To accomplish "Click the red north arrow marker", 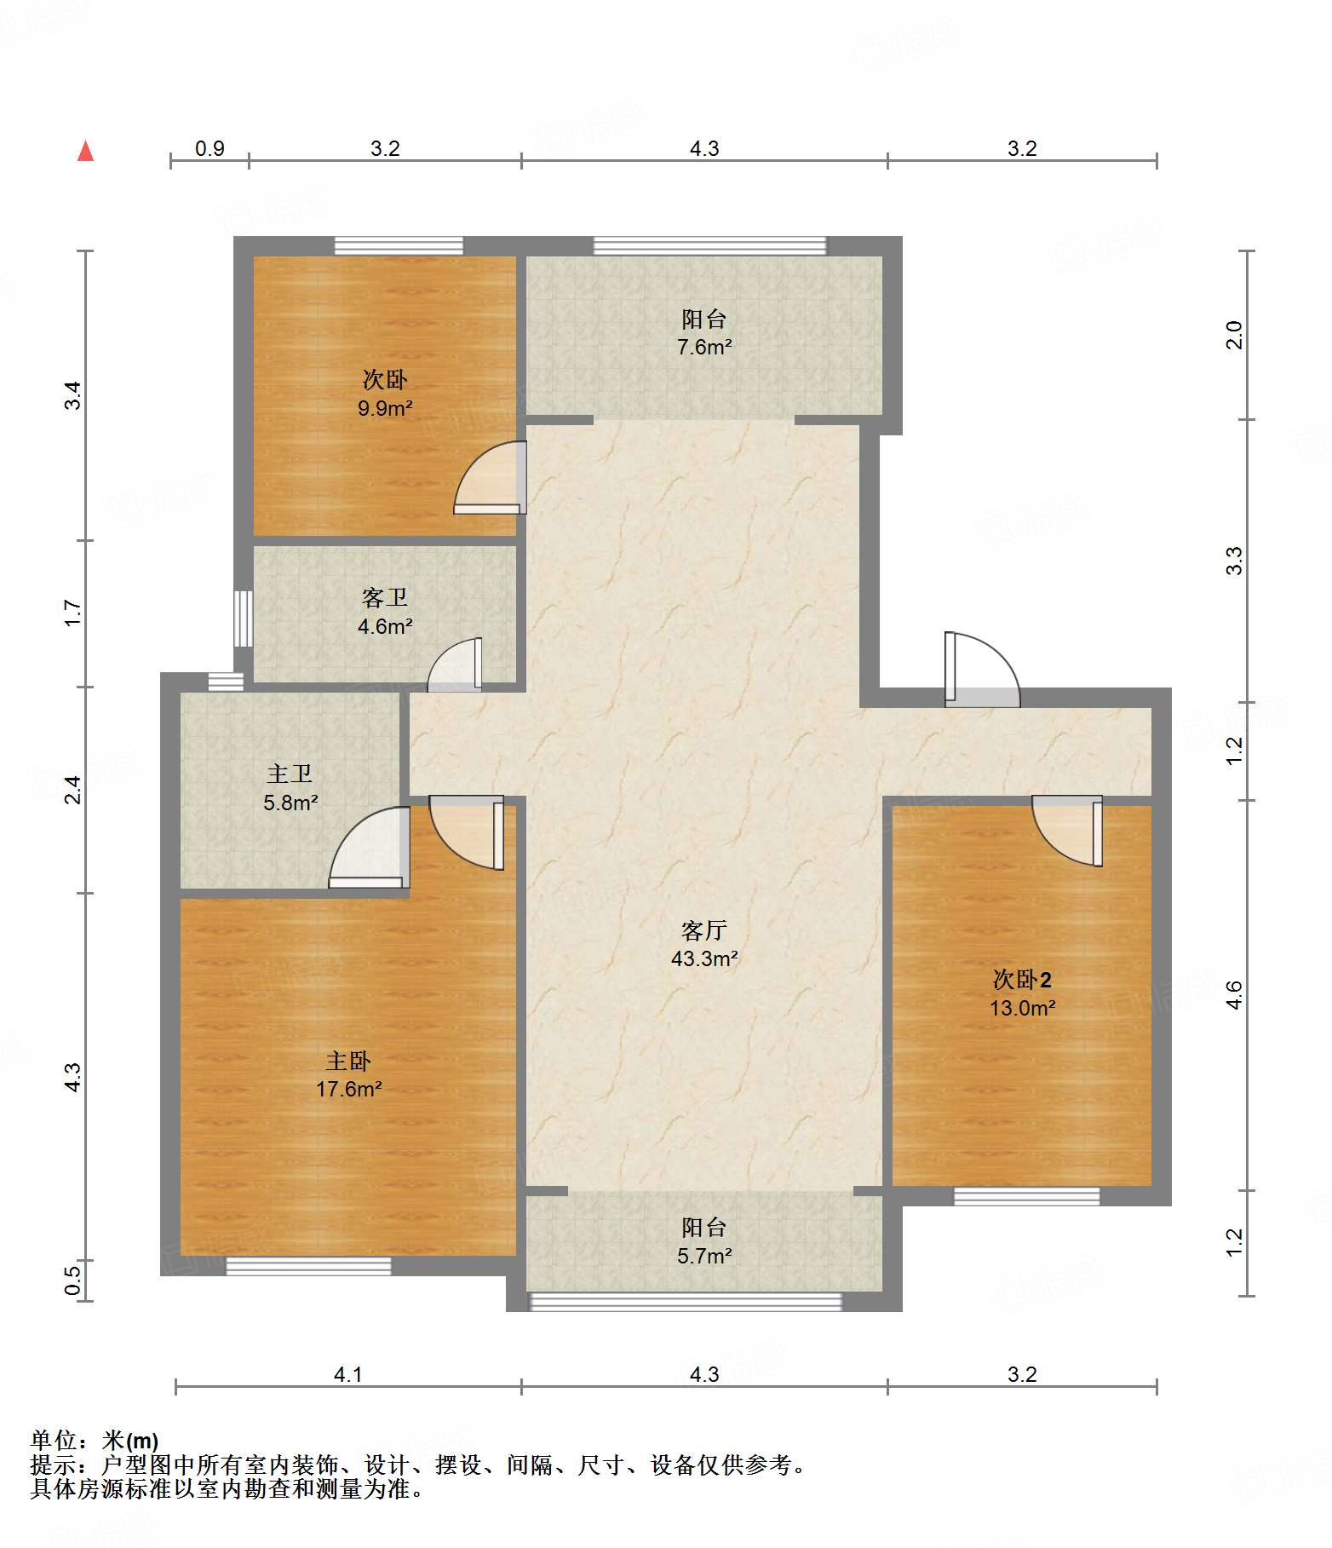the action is (85, 151).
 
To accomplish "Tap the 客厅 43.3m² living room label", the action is (704, 944).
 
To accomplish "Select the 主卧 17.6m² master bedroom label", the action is (348, 1074).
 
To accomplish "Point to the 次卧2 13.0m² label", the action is (1022, 993).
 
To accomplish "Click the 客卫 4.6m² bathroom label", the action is (385, 612).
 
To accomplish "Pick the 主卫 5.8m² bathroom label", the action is (290, 787).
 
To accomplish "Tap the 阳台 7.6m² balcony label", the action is (704, 332).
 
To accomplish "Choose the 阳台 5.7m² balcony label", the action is (704, 1240).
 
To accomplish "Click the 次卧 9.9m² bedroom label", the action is (385, 393).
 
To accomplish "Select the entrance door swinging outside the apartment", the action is (982, 670).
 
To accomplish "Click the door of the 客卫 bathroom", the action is (455, 665).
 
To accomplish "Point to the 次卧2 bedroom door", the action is (1067, 831).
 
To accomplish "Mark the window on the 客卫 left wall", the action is (244, 619).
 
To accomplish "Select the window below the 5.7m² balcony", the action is (686, 1301).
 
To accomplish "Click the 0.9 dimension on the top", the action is (210, 148).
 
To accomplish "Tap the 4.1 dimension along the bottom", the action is (348, 1374).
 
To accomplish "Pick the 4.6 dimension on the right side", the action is (1235, 995).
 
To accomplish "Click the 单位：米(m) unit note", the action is (95, 1441).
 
